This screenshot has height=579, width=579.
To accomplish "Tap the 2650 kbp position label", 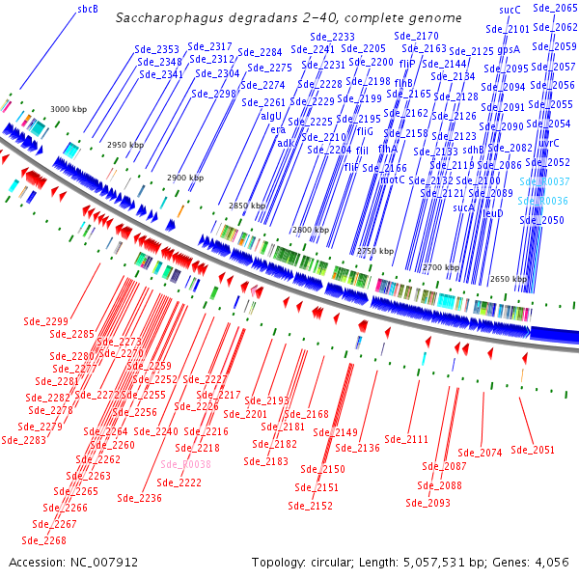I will [x=507, y=278].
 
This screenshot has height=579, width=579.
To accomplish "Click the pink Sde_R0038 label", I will [x=185, y=464].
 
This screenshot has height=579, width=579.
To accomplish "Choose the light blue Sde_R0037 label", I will [x=545, y=181].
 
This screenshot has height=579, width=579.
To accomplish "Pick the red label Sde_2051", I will [x=533, y=449].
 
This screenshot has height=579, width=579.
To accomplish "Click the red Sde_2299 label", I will [x=44, y=321].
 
